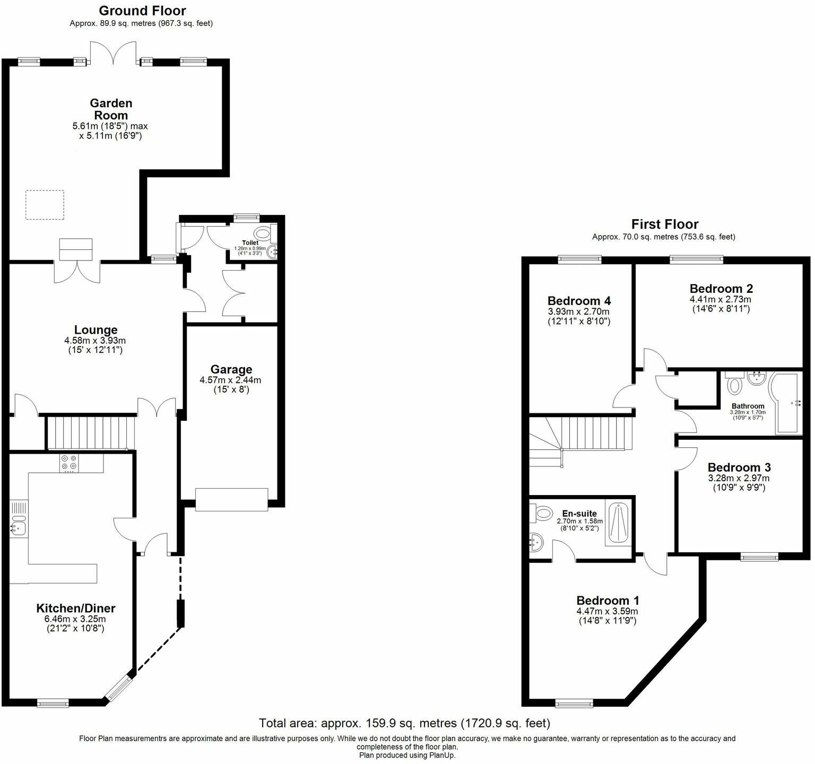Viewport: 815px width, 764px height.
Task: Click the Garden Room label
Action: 110,109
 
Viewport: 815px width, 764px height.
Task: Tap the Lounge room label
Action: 96,330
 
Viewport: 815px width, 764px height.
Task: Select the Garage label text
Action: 231,369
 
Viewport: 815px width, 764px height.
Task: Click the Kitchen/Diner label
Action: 75,608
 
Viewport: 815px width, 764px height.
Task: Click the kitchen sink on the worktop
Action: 18,528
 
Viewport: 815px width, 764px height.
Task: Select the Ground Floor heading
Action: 142,11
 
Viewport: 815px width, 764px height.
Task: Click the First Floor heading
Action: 664,224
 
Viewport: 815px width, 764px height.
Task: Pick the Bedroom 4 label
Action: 579,300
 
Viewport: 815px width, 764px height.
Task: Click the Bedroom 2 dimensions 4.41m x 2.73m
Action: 721,299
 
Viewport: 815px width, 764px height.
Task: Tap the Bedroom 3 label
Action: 739,467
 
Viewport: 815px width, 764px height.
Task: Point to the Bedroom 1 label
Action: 608,600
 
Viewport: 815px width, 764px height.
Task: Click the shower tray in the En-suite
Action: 619,524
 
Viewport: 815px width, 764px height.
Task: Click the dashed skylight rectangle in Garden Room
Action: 45,205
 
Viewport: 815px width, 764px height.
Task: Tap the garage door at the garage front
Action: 231,499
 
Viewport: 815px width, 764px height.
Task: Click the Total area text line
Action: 404,723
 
